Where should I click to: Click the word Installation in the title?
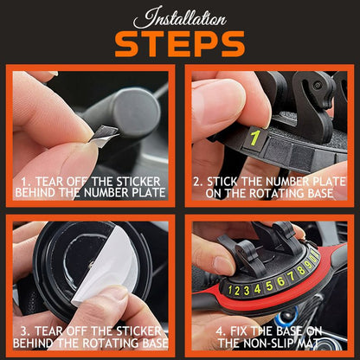179,18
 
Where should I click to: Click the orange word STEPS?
179,42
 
